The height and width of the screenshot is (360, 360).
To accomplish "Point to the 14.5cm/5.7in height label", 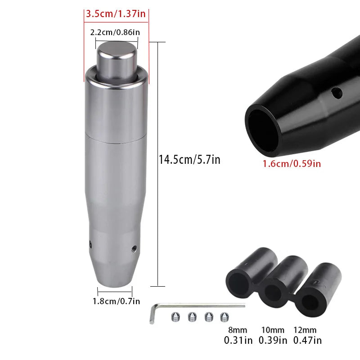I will pos(189,159).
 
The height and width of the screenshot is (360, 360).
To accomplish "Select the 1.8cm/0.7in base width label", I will pos(116,301).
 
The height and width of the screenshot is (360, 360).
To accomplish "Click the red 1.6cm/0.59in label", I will pos(292,163).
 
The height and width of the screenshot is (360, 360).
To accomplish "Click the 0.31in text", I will pos(238,341).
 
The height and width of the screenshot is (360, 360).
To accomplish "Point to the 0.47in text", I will pos(307,341).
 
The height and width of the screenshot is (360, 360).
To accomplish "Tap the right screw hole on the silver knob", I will pos(134,248).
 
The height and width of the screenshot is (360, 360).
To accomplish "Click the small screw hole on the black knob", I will pos(334,94).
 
